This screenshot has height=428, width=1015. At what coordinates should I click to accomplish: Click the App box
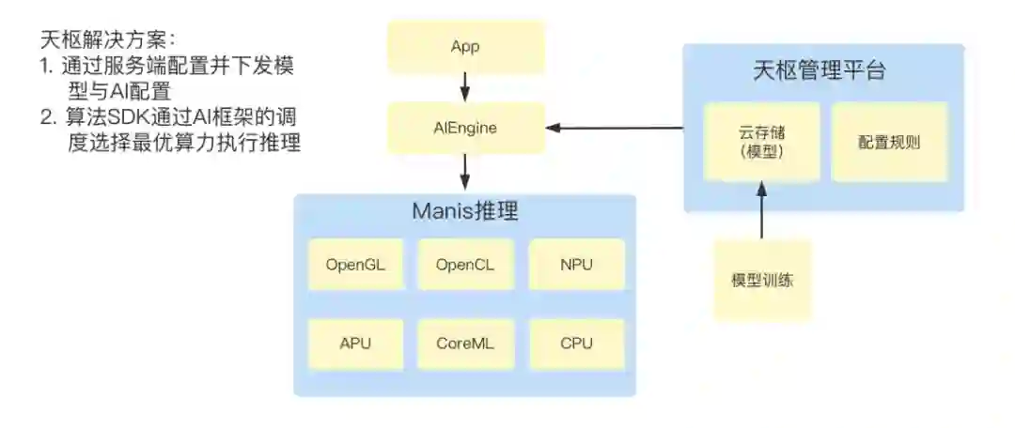tap(465, 47)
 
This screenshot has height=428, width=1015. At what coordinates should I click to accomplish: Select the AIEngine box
tap(465, 128)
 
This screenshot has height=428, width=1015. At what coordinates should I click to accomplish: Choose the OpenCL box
tap(465, 264)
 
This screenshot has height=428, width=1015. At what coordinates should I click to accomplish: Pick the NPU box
tap(576, 264)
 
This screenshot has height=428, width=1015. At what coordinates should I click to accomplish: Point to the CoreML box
tap(465, 343)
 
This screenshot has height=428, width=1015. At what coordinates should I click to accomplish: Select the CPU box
tap(576, 343)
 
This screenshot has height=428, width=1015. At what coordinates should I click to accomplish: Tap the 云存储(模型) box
tap(761, 142)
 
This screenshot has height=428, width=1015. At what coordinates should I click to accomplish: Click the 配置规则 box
tap(889, 142)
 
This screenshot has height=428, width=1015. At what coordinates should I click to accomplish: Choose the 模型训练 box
tap(761, 280)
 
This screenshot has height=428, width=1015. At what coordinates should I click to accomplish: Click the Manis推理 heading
tap(465, 210)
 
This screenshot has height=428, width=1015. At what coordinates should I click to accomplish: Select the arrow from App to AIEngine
tap(465, 87)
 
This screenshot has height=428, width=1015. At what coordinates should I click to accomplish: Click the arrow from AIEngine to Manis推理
tap(465, 172)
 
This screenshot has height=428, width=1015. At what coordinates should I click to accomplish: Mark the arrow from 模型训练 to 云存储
tap(761, 211)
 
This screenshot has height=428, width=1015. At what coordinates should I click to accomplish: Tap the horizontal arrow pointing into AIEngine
tap(616, 128)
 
